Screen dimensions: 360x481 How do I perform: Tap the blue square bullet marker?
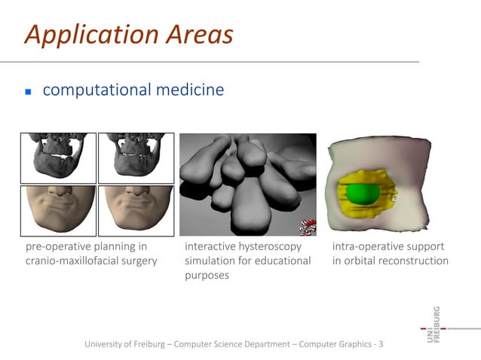[28, 92]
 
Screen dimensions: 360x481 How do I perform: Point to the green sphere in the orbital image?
[364, 193]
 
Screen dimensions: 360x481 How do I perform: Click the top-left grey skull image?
[58, 157]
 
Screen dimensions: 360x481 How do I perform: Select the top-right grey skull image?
[136, 157]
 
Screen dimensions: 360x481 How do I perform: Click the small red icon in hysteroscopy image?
[307, 227]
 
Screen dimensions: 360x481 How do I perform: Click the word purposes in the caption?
[207, 276]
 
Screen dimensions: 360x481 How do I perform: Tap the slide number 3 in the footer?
[381, 344]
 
